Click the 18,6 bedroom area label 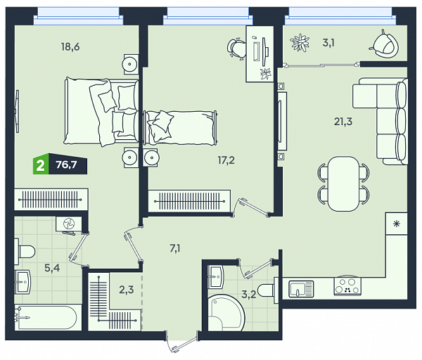coord(70,47)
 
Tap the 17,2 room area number coord(226,160)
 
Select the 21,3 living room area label coord(343,122)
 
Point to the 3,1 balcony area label coord(328,43)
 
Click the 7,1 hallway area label coord(175,249)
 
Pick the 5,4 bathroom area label coord(52,268)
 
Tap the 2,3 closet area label coord(126,290)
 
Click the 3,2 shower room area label coord(249,295)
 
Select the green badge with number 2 coord(41,165)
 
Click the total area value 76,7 coord(67,165)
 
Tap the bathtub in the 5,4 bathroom coord(46,317)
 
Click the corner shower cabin coord(226,313)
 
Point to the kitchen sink coord(301,289)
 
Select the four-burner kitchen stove coord(347,286)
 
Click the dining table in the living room coord(343,184)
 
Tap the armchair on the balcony coord(383,44)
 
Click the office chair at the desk coord(236,49)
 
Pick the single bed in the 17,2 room coord(181,127)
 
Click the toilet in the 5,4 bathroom coord(25,252)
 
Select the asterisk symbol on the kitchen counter coord(397,224)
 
